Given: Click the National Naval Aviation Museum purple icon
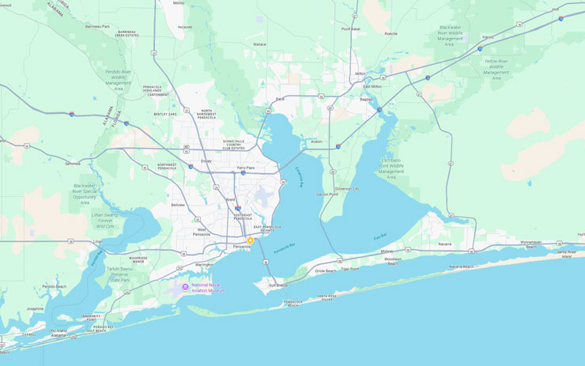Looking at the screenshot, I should (185, 286).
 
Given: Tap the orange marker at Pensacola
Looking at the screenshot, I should (251, 240).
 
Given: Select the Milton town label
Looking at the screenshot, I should (361, 73).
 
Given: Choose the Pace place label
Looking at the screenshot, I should (280, 99).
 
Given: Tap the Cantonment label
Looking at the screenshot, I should (158, 94).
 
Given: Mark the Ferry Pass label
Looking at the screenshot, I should (246, 168).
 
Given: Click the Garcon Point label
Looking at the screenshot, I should (327, 194).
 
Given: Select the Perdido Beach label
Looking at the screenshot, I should (55, 286).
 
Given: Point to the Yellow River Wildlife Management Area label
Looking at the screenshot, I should (496, 69).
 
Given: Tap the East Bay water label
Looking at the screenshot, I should (380, 236).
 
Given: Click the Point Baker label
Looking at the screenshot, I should (350, 28).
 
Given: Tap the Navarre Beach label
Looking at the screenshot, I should (461, 266).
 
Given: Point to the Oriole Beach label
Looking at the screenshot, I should (325, 270).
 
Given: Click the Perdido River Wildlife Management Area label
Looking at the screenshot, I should (119, 77).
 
